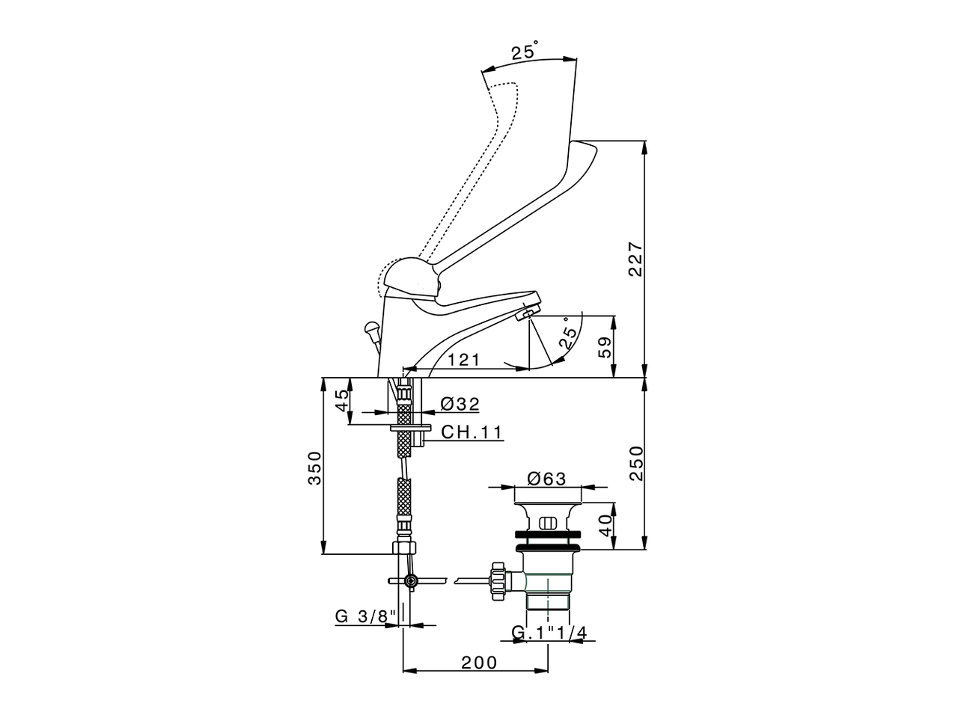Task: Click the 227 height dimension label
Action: pyautogui.click(x=635, y=259)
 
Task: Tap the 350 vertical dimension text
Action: pyautogui.click(x=315, y=468)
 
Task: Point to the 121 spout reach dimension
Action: pyautogui.click(x=464, y=360)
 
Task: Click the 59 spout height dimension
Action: pyautogui.click(x=605, y=346)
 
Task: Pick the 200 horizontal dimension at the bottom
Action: pyautogui.click(x=479, y=662)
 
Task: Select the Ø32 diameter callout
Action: pyautogui.click(x=460, y=404)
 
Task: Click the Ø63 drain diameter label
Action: pyautogui.click(x=546, y=479)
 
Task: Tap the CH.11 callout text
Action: pyautogui.click(x=471, y=432)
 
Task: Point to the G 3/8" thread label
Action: pyautogui.click(x=364, y=617)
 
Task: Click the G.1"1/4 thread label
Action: pyautogui.click(x=549, y=633)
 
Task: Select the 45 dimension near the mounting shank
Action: pyautogui.click(x=341, y=400)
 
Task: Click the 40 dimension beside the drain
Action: pyautogui.click(x=605, y=523)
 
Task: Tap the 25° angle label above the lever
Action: pyautogui.click(x=525, y=52)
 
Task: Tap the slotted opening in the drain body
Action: pyautogui.click(x=548, y=523)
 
